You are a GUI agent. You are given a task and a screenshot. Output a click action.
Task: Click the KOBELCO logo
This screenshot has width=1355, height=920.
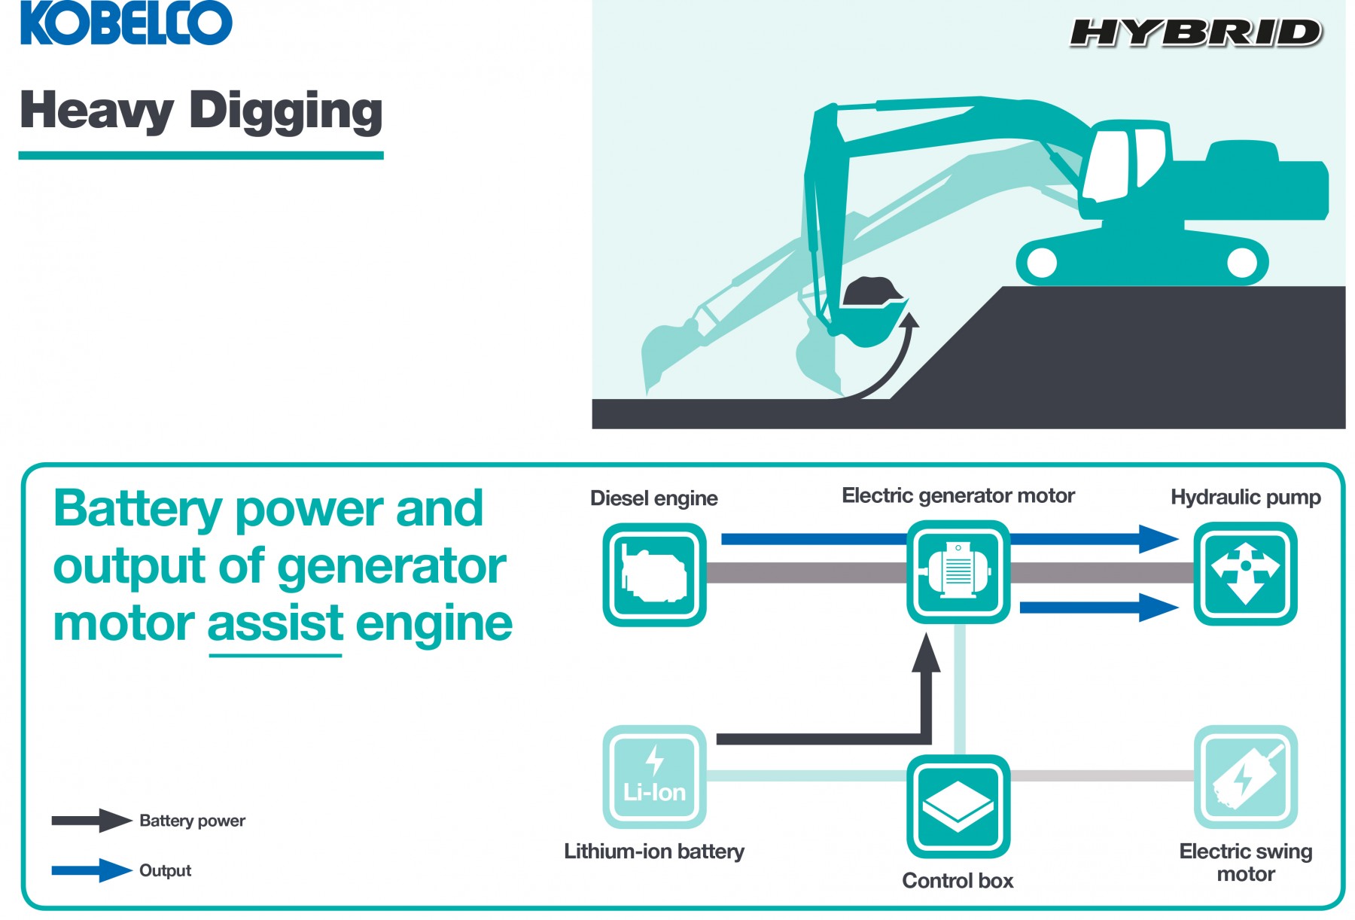coord(126,23)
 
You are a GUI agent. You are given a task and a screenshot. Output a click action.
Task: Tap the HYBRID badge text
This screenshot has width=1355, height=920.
coord(1195,34)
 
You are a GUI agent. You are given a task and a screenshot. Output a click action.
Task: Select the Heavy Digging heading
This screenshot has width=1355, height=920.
coord(201,110)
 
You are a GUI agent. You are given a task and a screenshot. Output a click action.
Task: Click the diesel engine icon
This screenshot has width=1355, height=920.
coord(655,575)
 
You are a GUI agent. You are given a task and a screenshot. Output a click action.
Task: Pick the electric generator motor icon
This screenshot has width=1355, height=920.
coord(958,572)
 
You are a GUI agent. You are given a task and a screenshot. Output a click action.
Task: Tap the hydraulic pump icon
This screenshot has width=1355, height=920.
coord(1246,574)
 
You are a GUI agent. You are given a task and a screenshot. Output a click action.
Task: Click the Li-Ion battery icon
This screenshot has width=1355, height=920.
coord(655,776)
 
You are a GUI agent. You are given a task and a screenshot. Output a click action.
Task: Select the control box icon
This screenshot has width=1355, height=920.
coord(958,806)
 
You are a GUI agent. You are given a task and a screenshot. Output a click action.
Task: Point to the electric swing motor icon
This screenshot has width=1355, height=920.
coord(1246,776)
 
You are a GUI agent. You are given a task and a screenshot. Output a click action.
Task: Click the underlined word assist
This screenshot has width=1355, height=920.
coord(276,624)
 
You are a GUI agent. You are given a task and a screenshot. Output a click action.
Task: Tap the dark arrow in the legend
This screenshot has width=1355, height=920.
coord(92,821)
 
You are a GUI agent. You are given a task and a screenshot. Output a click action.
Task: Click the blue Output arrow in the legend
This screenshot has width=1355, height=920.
coord(92,870)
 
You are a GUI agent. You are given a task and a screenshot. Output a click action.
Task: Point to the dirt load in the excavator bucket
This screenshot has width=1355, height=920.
coord(872,292)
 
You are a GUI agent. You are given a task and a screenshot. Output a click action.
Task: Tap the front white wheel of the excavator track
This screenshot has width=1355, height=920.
coord(1042,262)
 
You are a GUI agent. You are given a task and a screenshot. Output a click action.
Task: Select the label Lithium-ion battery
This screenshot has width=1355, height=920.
coord(654,851)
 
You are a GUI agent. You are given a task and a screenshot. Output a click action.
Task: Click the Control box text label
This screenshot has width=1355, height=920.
coord(958,881)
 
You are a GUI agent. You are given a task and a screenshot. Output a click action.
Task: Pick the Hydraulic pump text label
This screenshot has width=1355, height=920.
coord(1246,498)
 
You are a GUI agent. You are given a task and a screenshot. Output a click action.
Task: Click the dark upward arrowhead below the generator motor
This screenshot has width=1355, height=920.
coord(926,652)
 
